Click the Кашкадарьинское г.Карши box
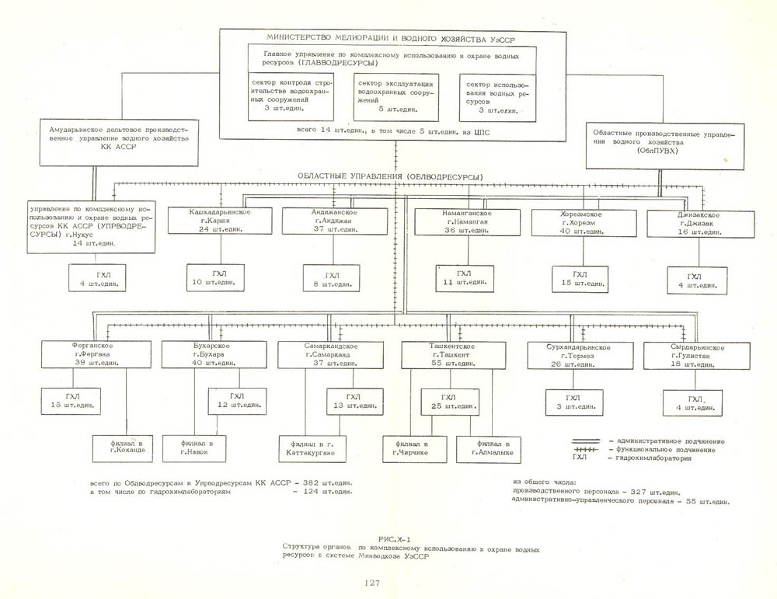[221, 221]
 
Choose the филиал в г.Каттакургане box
[316, 448]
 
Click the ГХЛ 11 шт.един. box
[464, 278]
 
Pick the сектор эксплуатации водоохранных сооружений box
[395, 97]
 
